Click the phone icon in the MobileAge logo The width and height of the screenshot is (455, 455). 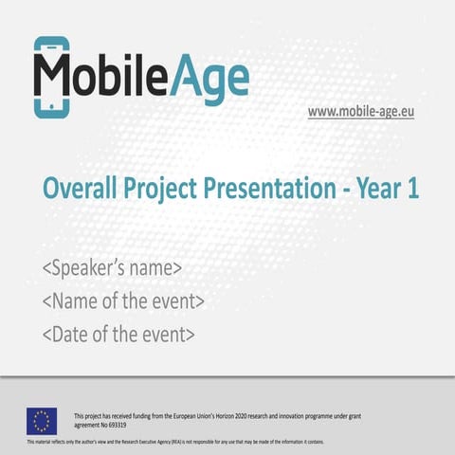(x=50, y=77)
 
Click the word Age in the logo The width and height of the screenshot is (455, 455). (x=213, y=78)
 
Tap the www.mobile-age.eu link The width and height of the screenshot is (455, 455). (x=360, y=112)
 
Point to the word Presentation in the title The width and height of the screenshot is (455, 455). (x=271, y=190)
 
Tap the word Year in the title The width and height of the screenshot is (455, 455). (x=376, y=190)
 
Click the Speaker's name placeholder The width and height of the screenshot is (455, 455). (x=112, y=269)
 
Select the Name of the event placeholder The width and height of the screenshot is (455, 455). (x=123, y=301)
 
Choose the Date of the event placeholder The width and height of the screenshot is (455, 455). (x=118, y=334)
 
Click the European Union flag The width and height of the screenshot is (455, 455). (x=41, y=420)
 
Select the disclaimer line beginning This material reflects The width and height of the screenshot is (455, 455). (x=175, y=442)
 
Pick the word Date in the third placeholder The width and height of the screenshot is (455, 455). (x=69, y=334)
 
